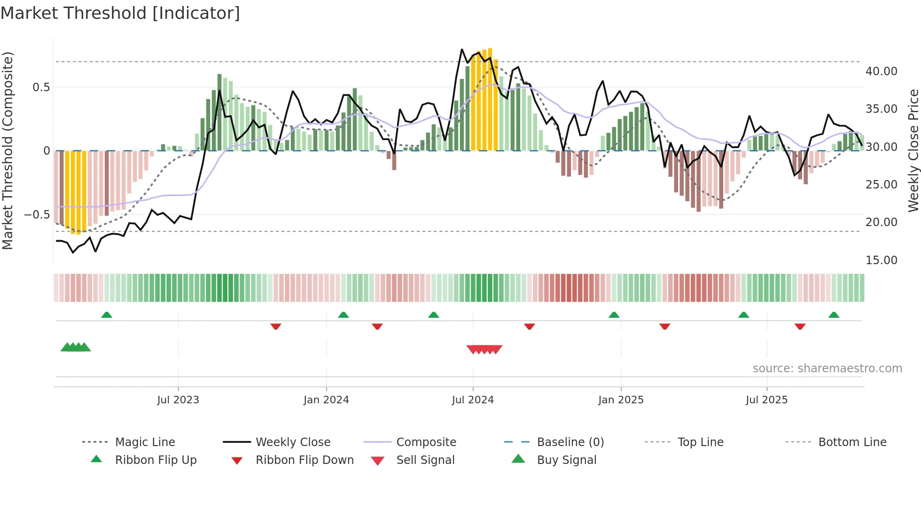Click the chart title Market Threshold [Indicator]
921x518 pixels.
point(120,13)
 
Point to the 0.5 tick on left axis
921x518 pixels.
point(41,87)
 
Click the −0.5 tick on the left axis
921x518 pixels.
point(37,215)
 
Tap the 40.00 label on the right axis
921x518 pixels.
point(881,71)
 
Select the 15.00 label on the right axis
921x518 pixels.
point(881,260)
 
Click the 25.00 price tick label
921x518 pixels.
point(881,185)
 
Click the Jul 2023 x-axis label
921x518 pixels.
point(178,400)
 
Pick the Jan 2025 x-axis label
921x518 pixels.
point(621,400)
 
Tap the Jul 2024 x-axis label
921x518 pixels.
point(473,400)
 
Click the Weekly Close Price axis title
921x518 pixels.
point(913,150)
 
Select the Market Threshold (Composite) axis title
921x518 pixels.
point(8,150)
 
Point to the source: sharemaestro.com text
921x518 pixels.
point(827,369)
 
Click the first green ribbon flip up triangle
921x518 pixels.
point(107,315)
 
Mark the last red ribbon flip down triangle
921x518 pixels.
point(800,326)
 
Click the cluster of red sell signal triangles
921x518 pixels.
point(484,349)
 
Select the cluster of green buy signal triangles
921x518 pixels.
point(76,347)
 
